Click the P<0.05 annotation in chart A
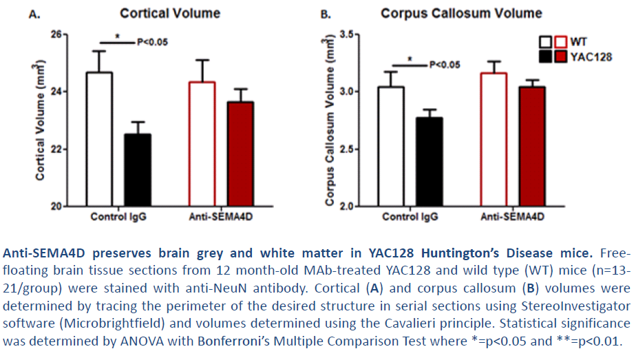pos(153,42)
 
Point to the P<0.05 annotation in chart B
pos(445,65)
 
